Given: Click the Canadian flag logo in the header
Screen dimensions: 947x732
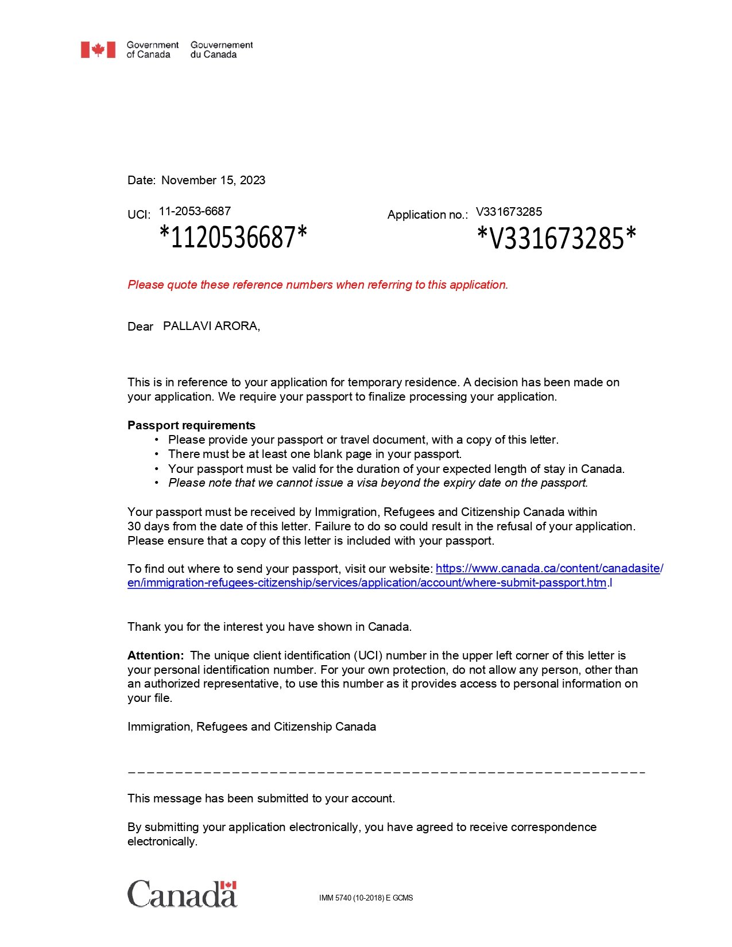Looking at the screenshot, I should [98, 50].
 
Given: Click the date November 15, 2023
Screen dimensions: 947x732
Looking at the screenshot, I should [213, 180].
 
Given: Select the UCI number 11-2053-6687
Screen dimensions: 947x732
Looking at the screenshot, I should [195, 211].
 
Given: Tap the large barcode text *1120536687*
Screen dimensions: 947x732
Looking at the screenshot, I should [233, 237].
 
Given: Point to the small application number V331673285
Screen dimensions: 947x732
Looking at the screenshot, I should [509, 212].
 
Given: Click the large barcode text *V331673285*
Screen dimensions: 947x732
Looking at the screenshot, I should [556, 238].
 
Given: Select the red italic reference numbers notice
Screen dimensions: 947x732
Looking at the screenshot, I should [317, 285].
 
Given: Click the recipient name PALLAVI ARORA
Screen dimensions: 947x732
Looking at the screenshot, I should [211, 326].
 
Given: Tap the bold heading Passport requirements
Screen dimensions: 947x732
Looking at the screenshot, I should [191, 425].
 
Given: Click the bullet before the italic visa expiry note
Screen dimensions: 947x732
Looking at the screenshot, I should [157, 483].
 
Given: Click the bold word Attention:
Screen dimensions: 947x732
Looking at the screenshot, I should [156, 655].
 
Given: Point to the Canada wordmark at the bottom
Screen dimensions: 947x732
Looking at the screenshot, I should [181, 894].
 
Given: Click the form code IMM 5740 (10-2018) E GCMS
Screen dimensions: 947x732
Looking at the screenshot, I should [366, 898].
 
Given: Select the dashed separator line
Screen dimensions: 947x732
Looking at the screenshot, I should [386, 773].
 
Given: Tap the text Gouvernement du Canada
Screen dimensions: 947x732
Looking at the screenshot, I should [222, 50].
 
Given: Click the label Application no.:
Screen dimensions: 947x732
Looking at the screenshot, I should [427, 215].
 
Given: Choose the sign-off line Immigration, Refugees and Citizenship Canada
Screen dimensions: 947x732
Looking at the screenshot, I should [251, 727].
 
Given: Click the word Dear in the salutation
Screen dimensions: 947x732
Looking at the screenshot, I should [140, 327].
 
